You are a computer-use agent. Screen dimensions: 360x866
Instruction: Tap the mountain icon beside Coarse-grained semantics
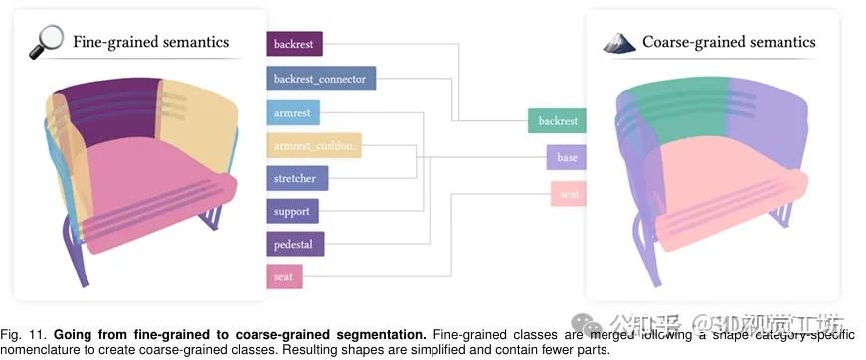[x=619, y=42]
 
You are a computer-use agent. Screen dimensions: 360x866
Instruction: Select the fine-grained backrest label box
[x=294, y=44]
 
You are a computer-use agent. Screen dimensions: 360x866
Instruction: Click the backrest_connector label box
[x=320, y=78]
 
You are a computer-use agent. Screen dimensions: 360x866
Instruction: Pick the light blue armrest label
[x=292, y=112]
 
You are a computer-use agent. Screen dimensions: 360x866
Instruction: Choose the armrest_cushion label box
[x=314, y=146]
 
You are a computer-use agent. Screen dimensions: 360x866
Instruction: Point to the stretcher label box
[x=296, y=179]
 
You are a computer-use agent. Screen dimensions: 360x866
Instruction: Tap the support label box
[x=292, y=211]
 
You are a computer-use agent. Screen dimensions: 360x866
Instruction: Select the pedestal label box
[x=295, y=244]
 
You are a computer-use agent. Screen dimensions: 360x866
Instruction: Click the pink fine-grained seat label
[x=284, y=276]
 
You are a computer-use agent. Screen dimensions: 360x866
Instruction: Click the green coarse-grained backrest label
[x=557, y=121]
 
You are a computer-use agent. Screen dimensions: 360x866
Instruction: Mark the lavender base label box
[x=566, y=157]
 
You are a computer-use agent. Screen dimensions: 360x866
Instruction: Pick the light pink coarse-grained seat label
[x=568, y=193]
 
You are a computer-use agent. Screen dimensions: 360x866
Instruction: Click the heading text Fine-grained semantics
[x=150, y=42]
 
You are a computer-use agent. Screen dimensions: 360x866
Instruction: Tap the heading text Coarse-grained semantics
[x=728, y=42]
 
